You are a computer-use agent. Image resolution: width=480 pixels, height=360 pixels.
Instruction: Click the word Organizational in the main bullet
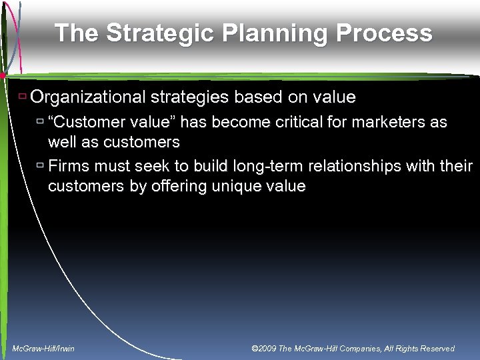point(88,97)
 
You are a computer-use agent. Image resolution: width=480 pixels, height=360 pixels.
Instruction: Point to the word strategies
point(187,97)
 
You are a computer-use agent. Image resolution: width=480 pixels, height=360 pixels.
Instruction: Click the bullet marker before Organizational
point(22,97)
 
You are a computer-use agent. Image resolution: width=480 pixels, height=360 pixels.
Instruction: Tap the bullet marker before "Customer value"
point(40,122)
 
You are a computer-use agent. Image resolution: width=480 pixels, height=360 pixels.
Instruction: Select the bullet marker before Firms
point(40,165)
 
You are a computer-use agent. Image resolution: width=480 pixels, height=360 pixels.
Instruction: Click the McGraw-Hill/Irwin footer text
point(44,349)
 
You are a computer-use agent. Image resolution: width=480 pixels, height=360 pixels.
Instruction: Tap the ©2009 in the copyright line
point(265,349)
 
